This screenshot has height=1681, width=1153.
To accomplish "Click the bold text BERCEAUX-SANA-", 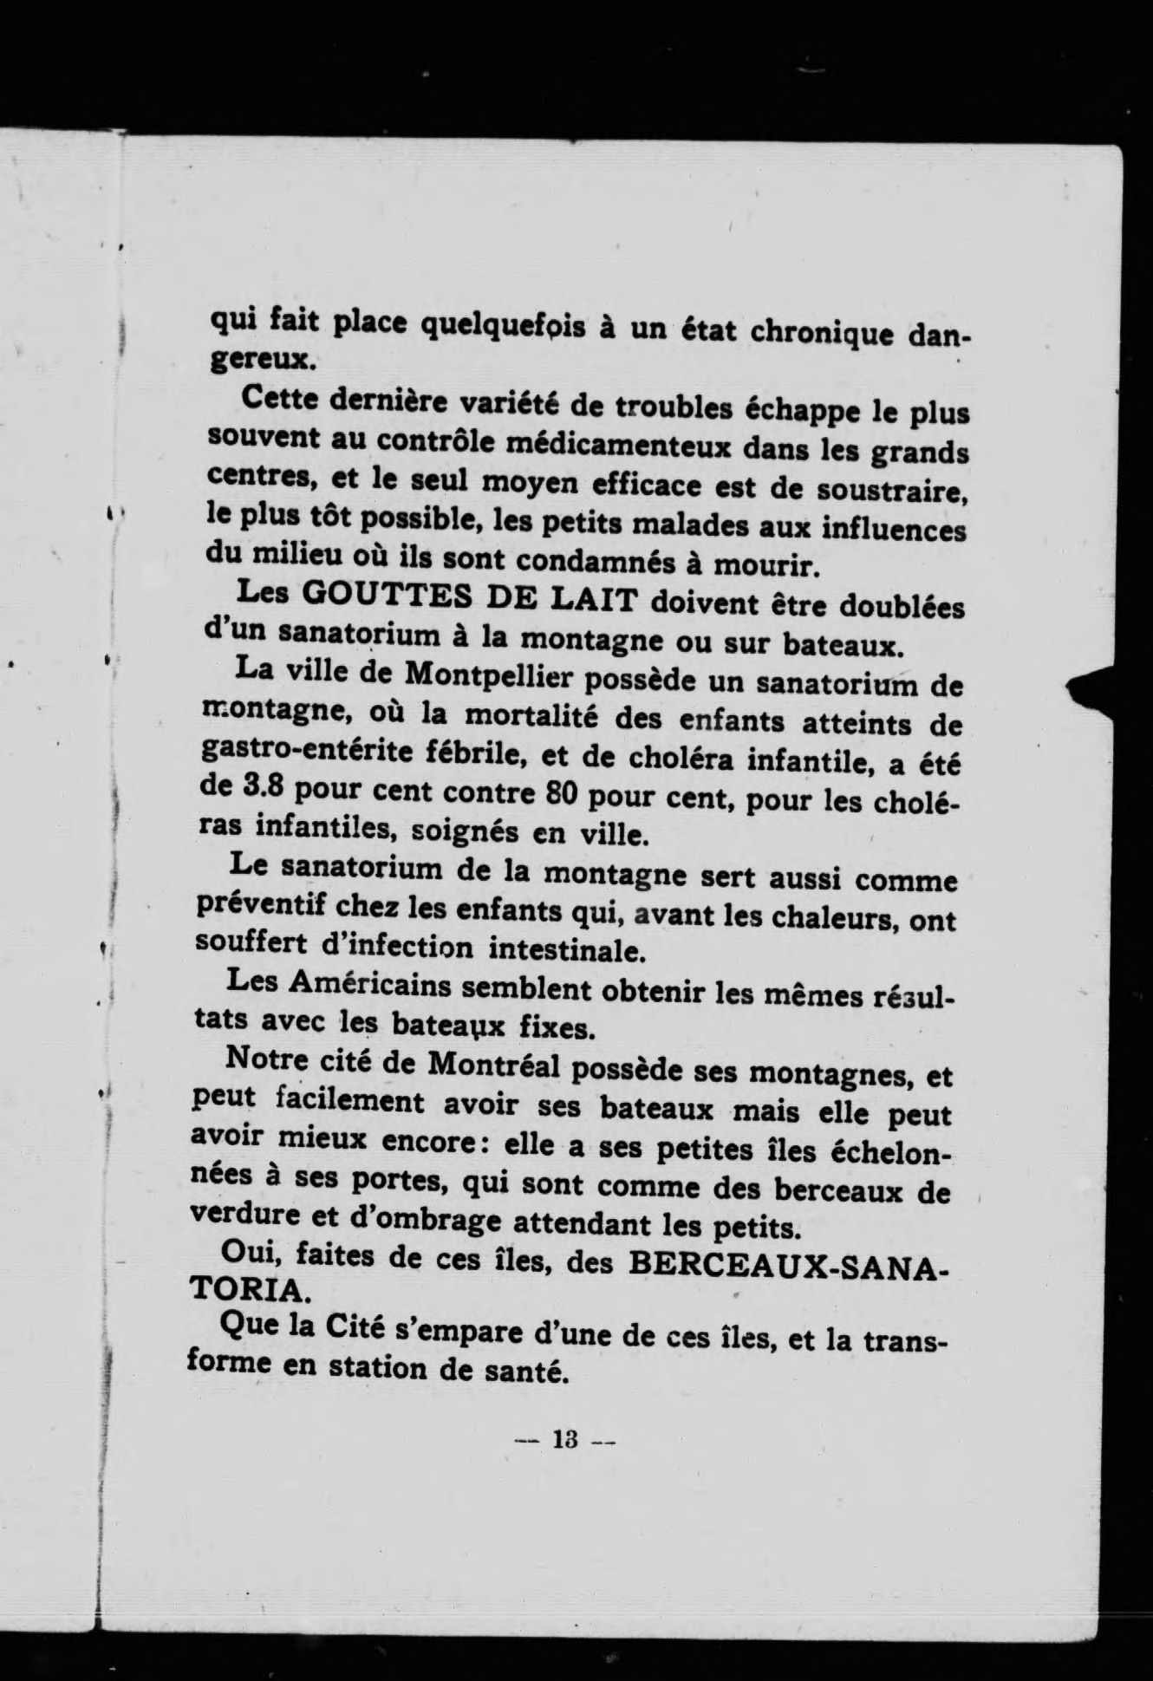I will pyautogui.click(x=787, y=1264).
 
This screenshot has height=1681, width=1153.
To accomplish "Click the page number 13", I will pyautogui.click(x=564, y=1440).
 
